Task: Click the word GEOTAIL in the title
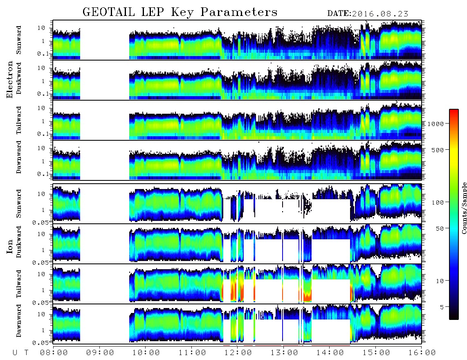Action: pyautogui.click(x=108, y=12)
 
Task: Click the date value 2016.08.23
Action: pyautogui.click(x=380, y=14)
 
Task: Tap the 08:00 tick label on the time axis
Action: pyautogui.click(x=54, y=353)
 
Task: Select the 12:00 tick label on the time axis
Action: pyautogui.click(x=238, y=353)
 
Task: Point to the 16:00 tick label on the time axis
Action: pyautogui.click(x=422, y=353)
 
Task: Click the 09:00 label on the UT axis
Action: pyautogui.click(x=100, y=353)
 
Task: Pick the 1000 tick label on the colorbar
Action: pyautogui.click(x=436, y=124)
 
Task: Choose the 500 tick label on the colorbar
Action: pyautogui.click(x=438, y=150)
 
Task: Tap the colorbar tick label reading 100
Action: pyautogui.click(x=438, y=202)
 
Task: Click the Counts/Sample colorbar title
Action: pyautogui.click(x=464, y=208)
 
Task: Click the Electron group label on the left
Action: pyautogui.click(x=10, y=80)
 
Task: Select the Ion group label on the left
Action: pyautogui.click(x=10, y=247)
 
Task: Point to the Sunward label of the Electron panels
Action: pyautogui.click(x=19, y=40)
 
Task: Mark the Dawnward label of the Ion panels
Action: pyautogui.click(x=19, y=321)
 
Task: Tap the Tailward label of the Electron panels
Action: pyautogui.click(x=19, y=120)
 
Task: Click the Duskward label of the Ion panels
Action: pyautogui.click(x=19, y=242)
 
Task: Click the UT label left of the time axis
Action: pyautogui.click(x=20, y=353)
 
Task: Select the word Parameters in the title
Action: pyautogui.click(x=238, y=12)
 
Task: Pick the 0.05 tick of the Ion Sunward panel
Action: pyautogui.click(x=43, y=222)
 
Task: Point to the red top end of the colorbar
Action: pyautogui.click(x=454, y=110)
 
